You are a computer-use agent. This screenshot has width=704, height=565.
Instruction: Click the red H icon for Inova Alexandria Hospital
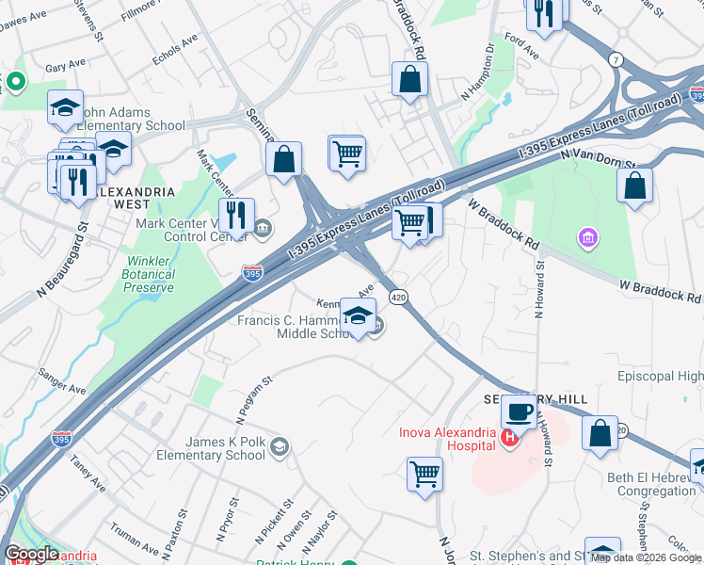(509, 437)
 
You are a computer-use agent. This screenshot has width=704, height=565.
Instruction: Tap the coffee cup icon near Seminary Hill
(518, 412)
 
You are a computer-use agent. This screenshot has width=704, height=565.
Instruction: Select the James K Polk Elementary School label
(213, 449)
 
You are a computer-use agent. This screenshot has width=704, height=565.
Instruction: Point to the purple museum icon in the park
(588, 238)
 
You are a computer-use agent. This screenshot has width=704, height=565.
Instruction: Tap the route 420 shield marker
(398, 297)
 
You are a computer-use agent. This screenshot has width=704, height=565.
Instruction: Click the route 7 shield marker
(617, 60)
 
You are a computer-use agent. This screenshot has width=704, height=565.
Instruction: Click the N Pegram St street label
(252, 395)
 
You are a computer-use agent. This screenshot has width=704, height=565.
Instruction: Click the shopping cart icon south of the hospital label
(424, 474)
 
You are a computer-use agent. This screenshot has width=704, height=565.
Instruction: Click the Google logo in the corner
(32, 553)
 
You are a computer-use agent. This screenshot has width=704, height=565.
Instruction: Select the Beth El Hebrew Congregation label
(651, 484)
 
